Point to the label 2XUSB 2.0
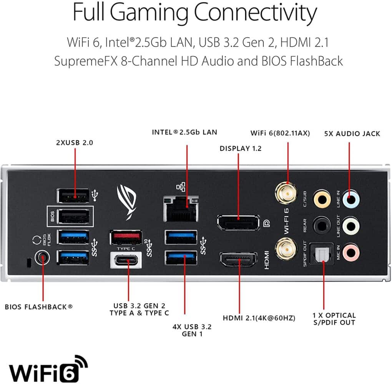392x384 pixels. pos(75,142)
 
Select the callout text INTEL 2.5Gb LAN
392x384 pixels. pos(184,132)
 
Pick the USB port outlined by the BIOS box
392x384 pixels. pos(75,217)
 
